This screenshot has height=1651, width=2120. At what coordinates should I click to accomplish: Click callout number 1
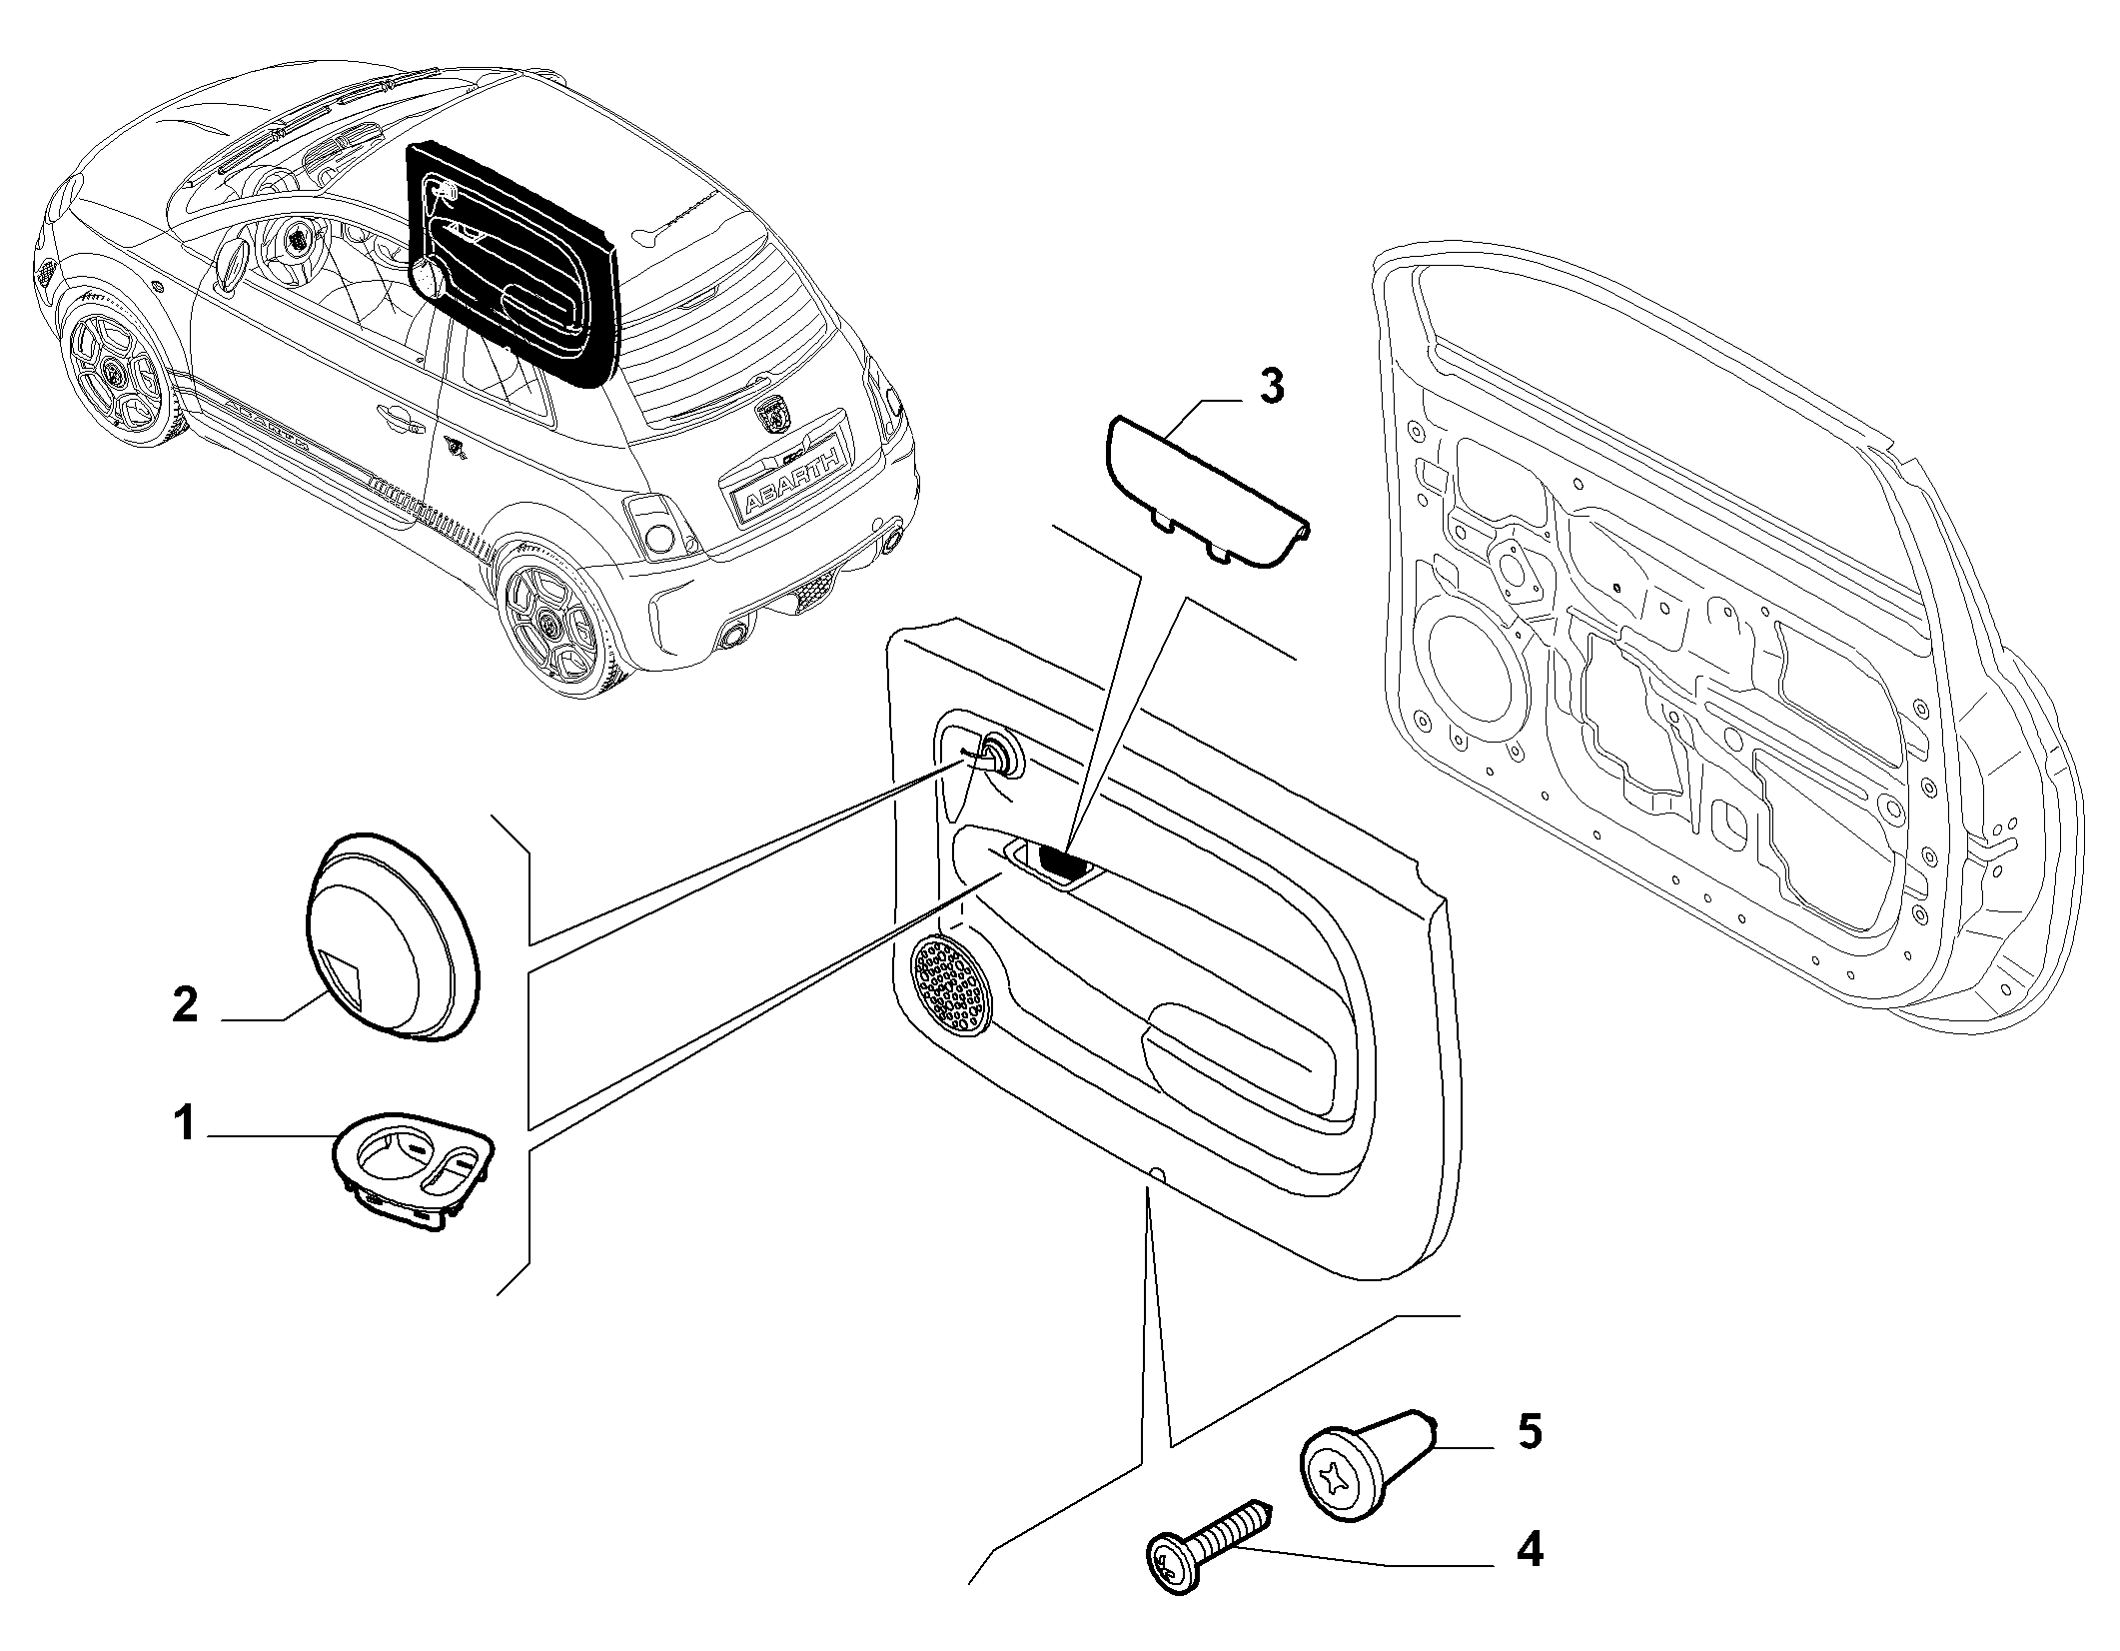pyautogui.click(x=184, y=1125)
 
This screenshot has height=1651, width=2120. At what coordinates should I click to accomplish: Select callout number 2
pyautogui.click(x=185, y=1003)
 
